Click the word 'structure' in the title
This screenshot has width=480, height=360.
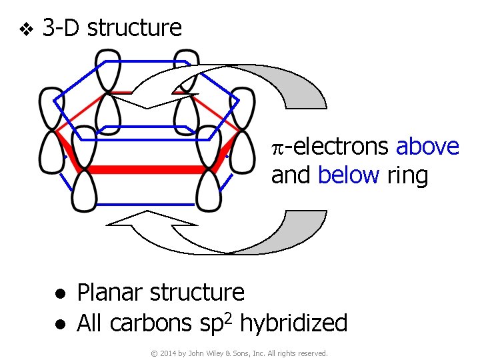click(x=134, y=28)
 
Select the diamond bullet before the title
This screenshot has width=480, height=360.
click(x=25, y=29)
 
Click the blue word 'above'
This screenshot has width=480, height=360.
click(x=427, y=147)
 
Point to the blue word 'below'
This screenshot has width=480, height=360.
click(x=348, y=175)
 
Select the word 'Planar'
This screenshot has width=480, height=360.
click(x=110, y=293)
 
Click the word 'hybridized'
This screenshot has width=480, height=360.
click(x=293, y=323)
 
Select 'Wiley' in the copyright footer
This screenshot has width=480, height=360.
click(x=223, y=353)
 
